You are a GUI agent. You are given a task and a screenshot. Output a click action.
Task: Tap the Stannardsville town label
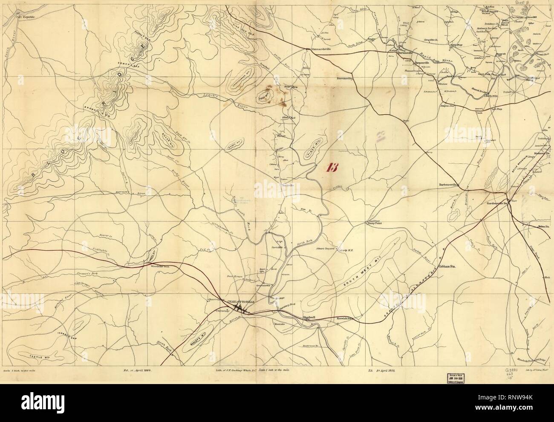point(320,49)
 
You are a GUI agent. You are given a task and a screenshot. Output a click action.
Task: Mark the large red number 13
point(331,167)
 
